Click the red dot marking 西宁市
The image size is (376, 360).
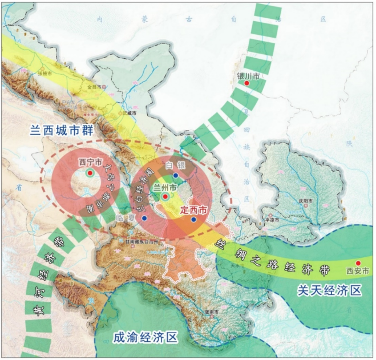tap(90, 172)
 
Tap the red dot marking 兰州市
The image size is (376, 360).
tap(165, 197)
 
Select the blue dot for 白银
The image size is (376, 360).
tap(176, 175)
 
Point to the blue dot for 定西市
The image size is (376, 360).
tap(193, 220)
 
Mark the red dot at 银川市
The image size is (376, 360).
tap(247, 84)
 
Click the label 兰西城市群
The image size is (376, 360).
tap(61, 131)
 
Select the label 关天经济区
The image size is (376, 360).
tap(330, 291)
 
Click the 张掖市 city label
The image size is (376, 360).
tap(45, 74)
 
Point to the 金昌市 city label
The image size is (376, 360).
tap(94, 87)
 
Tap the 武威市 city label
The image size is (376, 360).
tap(130, 113)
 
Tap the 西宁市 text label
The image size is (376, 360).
tap(90, 163)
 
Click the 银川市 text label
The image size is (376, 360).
tap(249, 75)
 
